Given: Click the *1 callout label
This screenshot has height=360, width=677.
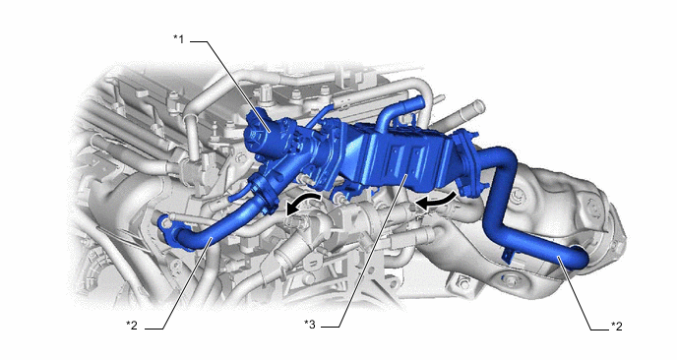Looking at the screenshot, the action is point(179,39).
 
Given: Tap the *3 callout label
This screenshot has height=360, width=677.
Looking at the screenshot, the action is point(310,325).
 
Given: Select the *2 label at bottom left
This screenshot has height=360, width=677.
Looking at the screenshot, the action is point(132,325).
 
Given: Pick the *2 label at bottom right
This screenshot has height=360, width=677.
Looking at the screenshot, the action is point(617,327).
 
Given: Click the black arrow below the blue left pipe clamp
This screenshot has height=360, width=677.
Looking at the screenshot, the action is point(303,204).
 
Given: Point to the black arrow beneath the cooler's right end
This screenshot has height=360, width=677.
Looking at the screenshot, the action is point(435,202).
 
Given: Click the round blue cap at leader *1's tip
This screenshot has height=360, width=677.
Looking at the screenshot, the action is point(258,135).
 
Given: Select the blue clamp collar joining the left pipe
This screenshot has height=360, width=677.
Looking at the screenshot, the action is point(264,193).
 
